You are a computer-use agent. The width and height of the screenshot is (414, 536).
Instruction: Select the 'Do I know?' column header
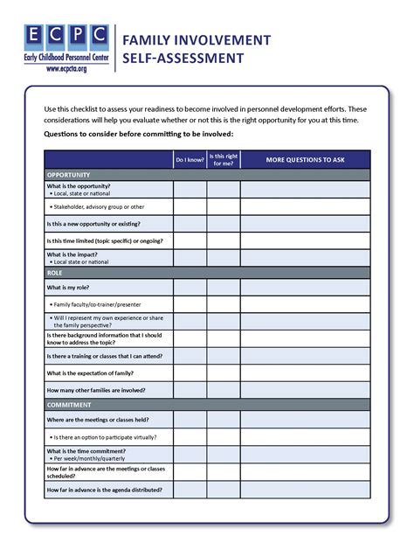pos(190,160)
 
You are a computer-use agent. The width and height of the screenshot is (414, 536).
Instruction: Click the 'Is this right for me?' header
pos(223,160)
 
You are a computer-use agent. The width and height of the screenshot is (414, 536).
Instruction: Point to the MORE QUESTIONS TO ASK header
pos(304,160)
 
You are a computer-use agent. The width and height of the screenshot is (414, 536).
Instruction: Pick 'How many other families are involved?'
pos(96,390)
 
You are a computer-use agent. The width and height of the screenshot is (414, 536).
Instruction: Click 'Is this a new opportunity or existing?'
pos(98,223)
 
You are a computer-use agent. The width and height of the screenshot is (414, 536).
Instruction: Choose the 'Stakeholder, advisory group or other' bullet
pos(97,207)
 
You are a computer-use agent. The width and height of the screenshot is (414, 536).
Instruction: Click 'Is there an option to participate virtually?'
pos(104,436)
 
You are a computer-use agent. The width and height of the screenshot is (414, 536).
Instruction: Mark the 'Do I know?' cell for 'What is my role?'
pos(190,288)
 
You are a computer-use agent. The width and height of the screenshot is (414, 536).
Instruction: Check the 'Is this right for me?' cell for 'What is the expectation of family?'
pos(223,372)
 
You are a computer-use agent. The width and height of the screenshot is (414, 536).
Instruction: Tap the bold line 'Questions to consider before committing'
pos(138,135)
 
